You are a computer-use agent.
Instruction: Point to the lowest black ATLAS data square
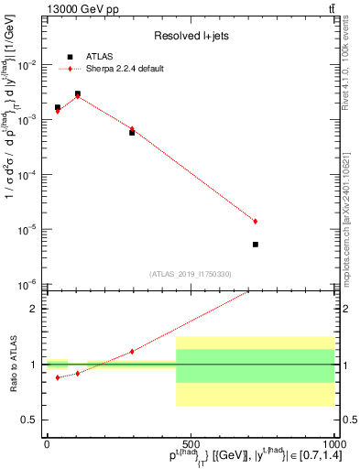click(x=256, y=245)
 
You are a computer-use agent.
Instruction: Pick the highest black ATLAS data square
click(x=78, y=93)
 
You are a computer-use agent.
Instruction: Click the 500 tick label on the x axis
click(x=190, y=442)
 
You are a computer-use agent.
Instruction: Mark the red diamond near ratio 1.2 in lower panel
click(x=132, y=351)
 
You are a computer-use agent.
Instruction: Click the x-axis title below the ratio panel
click(x=217, y=457)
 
